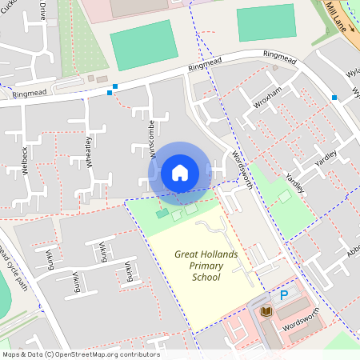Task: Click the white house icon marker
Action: point(180,172)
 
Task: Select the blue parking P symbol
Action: point(283,295)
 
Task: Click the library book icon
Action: point(266,311)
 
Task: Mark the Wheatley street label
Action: point(88,150)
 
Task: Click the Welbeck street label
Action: point(26,160)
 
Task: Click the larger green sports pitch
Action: point(143,46)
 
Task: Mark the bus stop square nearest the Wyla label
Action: point(334,98)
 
